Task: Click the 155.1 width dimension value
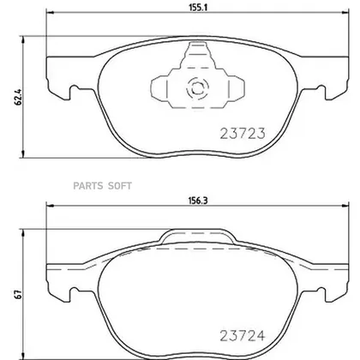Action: pyautogui.click(x=197, y=8)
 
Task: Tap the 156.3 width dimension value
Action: pyautogui.click(x=197, y=201)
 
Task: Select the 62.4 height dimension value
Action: pyautogui.click(x=17, y=97)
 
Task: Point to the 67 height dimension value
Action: pyautogui.click(x=17, y=294)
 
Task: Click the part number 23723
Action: pyautogui.click(x=243, y=134)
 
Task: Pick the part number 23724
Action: pyautogui.click(x=243, y=336)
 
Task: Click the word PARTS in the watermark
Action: pyautogui.click(x=88, y=186)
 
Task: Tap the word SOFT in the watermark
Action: pyautogui.click(x=120, y=186)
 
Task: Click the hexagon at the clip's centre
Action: pyautogui.click(x=196, y=88)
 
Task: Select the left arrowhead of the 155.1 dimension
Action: pyautogui.click(x=50, y=12)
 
